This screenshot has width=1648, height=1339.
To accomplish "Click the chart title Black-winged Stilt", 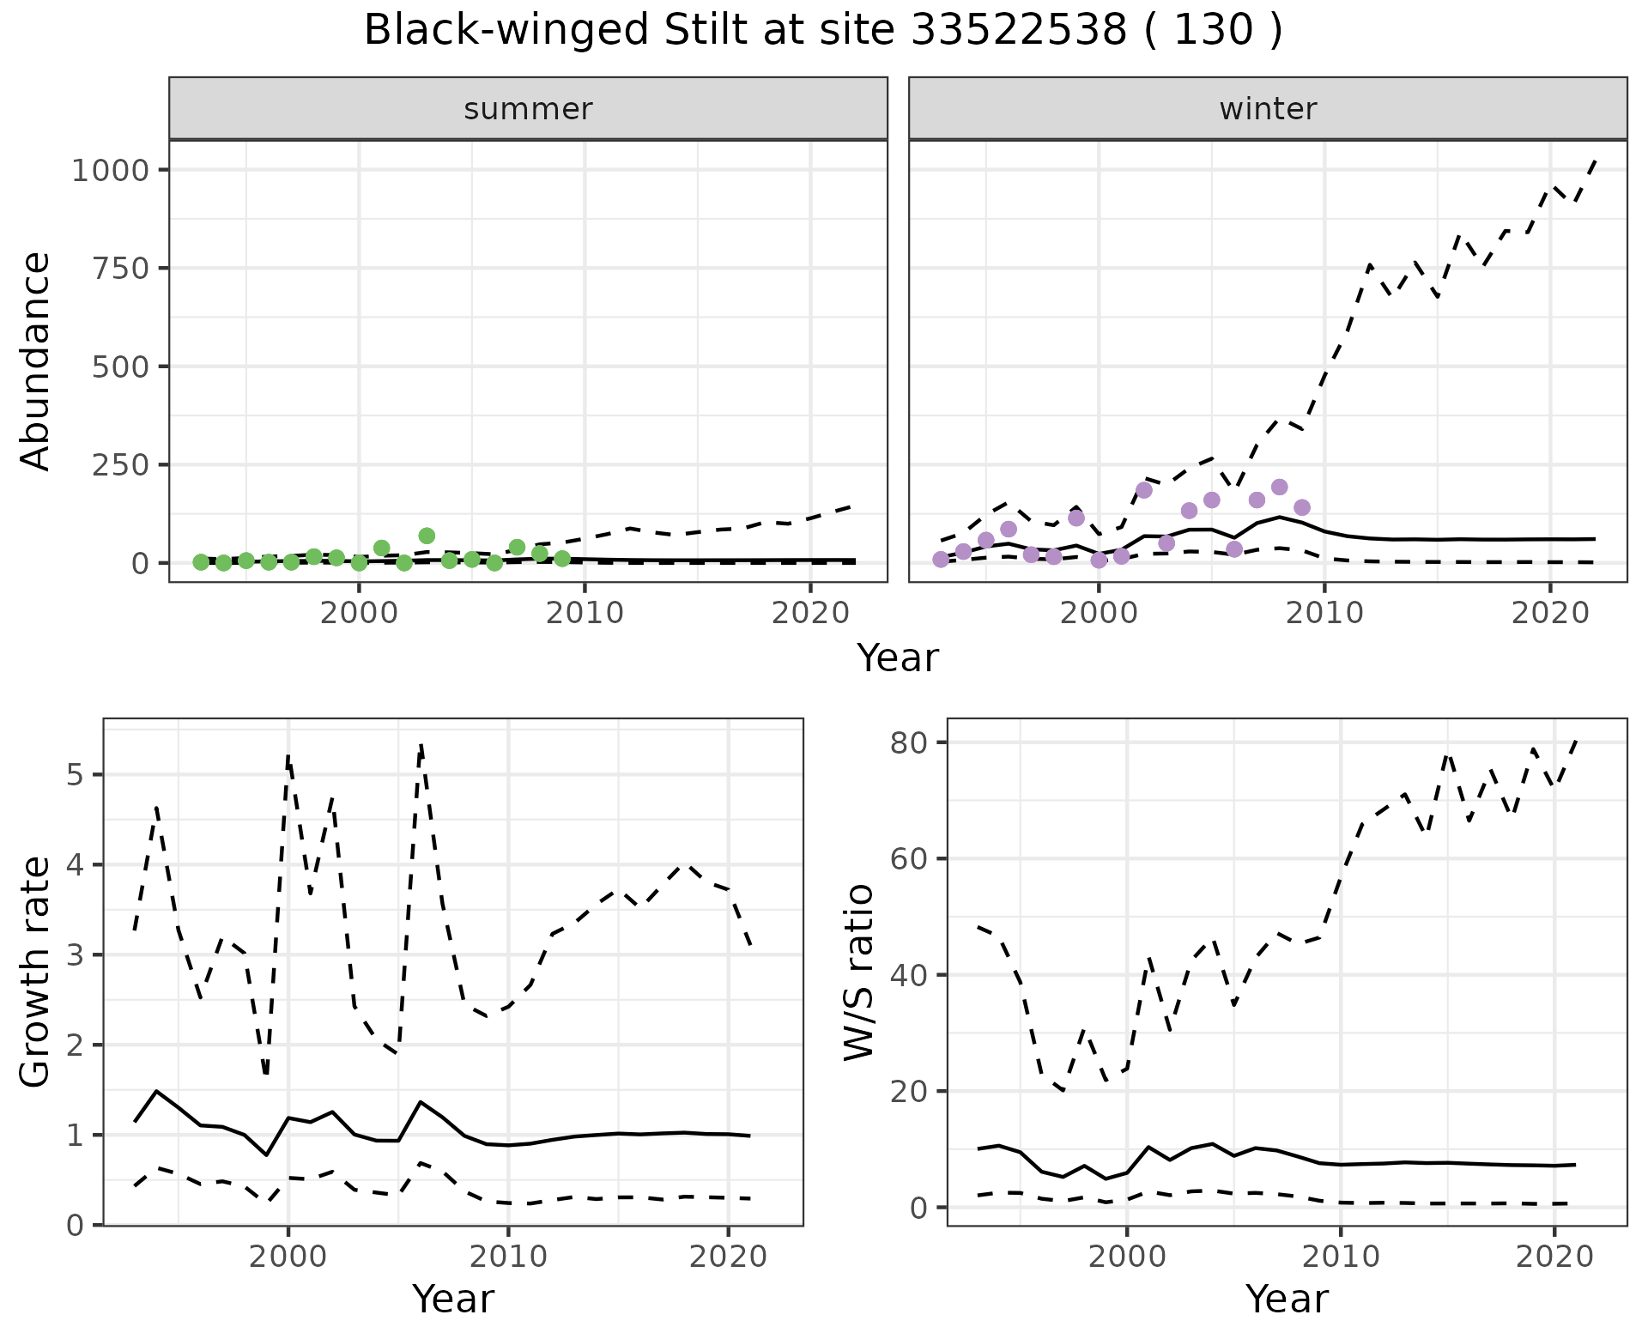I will coord(822,31).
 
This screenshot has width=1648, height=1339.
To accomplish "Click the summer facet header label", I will coord(528,109).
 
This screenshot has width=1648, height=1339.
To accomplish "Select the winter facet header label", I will coord(1268,109).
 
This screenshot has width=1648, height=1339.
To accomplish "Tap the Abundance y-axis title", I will coord(36,360).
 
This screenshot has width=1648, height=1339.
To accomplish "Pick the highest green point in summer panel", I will coord(427,536).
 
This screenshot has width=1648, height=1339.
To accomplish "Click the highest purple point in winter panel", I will coord(1279,488).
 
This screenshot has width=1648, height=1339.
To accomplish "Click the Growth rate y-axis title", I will coord(36,972).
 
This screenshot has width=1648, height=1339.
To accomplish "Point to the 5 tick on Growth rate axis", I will coord(76,775).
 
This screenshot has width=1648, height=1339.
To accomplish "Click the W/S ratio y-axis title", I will coord(858,972).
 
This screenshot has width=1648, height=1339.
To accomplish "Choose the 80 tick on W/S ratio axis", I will coord(909,742).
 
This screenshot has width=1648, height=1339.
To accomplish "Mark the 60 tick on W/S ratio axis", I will coord(909,859).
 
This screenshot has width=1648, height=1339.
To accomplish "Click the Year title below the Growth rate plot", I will coord(453,1299).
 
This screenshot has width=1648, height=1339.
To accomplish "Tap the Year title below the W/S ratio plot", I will coord(1287,1299).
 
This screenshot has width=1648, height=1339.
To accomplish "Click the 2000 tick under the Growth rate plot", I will coord(288,1257).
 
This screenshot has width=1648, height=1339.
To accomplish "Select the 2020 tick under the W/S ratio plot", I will coord(1554,1257).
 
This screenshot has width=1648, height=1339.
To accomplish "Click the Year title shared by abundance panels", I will coord(898,658).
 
